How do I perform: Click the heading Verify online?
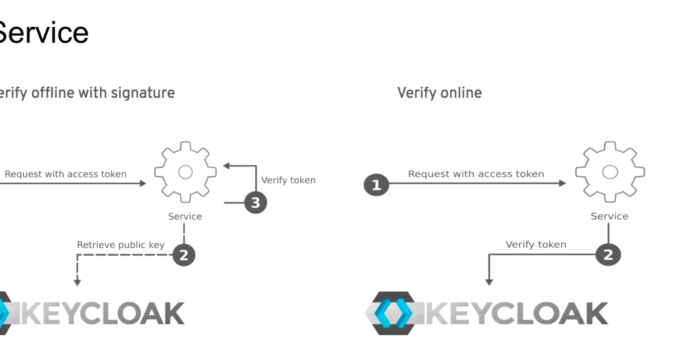439,93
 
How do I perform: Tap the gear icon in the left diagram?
185,172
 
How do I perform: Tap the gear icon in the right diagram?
609,172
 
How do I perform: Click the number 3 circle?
257,204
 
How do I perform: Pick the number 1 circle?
375,185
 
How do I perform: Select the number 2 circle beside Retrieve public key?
183,254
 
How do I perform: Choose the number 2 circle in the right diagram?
607,254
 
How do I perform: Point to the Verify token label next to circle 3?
288,180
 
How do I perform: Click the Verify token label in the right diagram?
536,244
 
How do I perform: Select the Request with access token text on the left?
65,174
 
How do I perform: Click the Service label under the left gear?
184,216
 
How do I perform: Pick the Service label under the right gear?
609,216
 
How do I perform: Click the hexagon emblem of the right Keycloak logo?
398,312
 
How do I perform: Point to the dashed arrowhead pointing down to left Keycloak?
77,282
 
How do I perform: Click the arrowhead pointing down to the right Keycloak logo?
489,282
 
